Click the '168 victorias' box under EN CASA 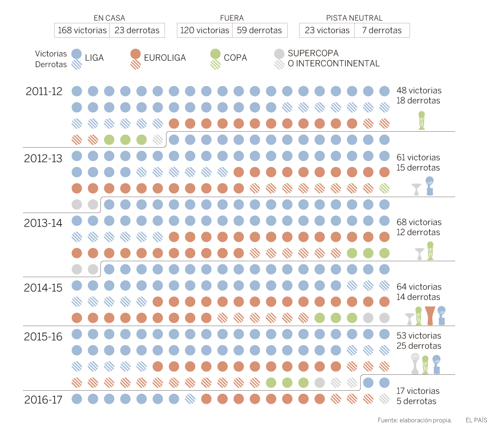[82, 30]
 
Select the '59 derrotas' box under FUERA [259, 30]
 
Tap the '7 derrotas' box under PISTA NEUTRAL [382, 30]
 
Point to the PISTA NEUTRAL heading [354, 18]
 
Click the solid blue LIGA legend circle [77, 53]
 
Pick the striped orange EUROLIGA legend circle [135, 63]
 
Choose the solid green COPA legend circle [215, 53]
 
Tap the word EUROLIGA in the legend [164, 58]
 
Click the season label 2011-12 [44, 91]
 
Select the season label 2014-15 [43, 288]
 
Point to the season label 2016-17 [43, 399]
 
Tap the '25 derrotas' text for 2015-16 [418, 346]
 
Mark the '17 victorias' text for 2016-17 [418, 391]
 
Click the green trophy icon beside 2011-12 [422, 120]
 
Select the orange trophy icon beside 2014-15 [430, 316]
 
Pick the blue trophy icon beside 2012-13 [429, 186]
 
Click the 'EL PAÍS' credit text [476, 420]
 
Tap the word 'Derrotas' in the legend [51, 64]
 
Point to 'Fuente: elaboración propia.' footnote [414, 420]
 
